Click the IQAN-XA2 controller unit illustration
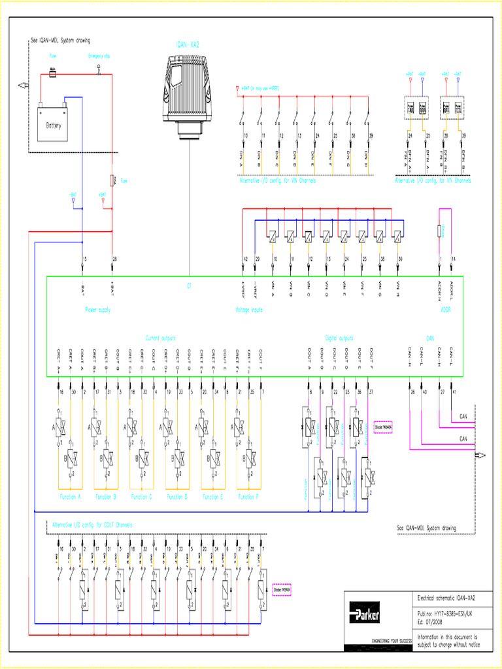point(189,91)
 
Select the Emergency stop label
point(99,57)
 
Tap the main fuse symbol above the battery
point(52,75)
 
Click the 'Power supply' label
point(97,310)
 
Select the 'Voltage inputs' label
point(249,310)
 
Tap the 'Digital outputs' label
point(339,338)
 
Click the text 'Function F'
point(247,497)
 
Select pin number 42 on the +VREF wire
point(245,259)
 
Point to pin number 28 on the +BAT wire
point(114,259)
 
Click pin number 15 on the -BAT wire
point(85,259)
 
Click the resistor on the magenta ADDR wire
point(440,230)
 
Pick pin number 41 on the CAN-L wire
point(454,392)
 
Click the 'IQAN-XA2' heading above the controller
point(188,46)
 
